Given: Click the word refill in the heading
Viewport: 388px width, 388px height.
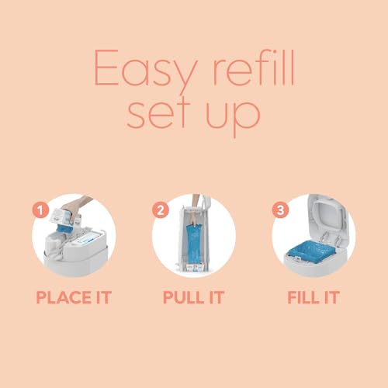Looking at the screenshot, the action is pyautogui.click(x=254, y=68).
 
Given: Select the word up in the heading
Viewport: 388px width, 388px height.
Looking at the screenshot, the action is pyautogui.click(x=233, y=118).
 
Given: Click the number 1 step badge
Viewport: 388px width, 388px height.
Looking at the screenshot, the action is pyautogui.click(x=40, y=210).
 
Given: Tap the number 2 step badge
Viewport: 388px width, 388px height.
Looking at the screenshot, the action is pyautogui.click(x=161, y=210).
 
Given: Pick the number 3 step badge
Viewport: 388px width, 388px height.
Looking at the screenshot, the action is pyautogui.click(x=280, y=210).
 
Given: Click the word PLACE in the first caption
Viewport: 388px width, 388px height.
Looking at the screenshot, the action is pyautogui.click(x=64, y=297).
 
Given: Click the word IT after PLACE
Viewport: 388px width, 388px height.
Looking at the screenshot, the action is pyautogui.click(x=104, y=297).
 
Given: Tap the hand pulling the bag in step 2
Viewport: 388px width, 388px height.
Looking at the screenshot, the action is pyautogui.click(x=196, y=210).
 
